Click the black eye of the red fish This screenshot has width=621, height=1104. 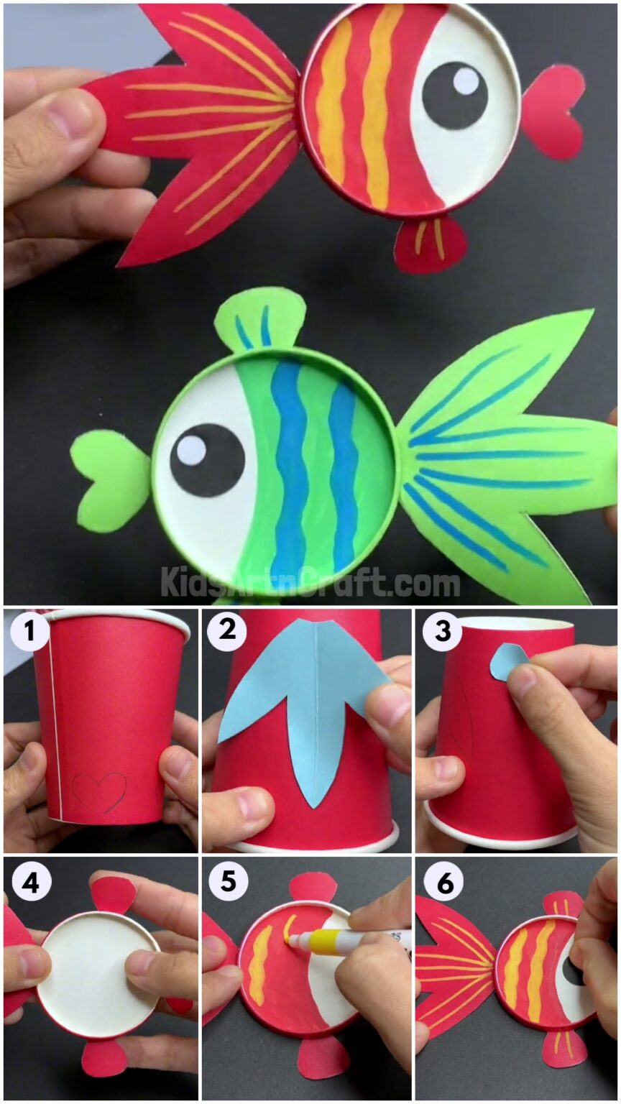pos(454,96)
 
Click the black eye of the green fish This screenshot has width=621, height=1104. pos(207,459)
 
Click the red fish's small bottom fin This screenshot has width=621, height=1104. pos(430,243)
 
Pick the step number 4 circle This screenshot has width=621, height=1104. pos(29,881)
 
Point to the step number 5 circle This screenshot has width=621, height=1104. pos(226,881)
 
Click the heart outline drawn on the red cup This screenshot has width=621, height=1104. pos(99,792)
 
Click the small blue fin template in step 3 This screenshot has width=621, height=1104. pos(507,661)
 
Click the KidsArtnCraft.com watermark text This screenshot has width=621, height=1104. pos(310,581)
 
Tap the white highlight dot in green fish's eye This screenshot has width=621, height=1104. pos(191,450)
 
